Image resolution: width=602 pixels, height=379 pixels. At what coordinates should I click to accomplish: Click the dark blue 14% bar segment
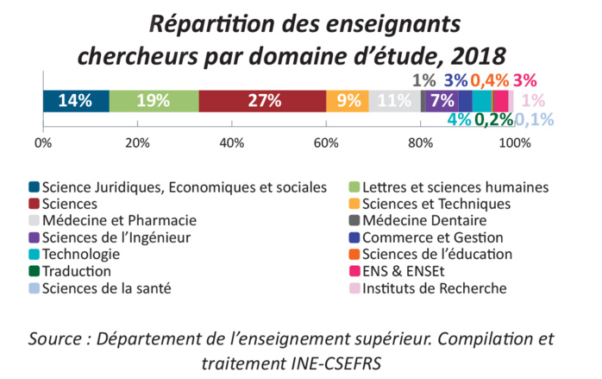click(x=76, y=100)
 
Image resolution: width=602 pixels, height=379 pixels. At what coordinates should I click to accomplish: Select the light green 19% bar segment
click(x=154, y=100)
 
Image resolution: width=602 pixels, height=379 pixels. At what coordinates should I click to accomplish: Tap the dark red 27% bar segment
click(x=263, y=100)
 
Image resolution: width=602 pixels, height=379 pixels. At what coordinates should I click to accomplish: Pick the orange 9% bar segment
click(x=348, y=100)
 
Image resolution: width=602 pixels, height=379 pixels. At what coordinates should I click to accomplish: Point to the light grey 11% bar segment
click(x=394, y=100)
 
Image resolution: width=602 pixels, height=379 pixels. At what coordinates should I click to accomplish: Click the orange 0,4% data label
click(x=489, y=80)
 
